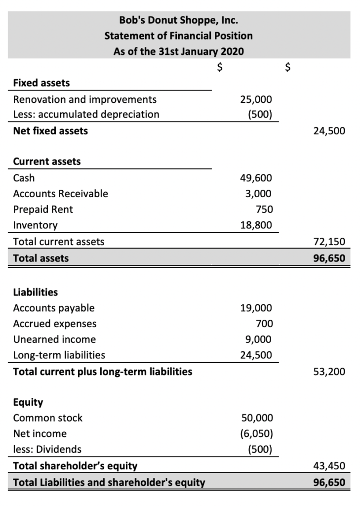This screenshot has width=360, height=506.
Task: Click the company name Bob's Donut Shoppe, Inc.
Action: (178, 21)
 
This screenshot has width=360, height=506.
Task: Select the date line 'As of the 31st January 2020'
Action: (178, 51)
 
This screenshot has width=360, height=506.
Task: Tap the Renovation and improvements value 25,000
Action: (256, 99)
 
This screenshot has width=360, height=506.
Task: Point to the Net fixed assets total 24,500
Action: (329, 131)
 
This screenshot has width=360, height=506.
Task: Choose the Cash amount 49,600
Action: (256, 178)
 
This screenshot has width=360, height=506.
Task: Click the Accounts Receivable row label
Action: (60, 194)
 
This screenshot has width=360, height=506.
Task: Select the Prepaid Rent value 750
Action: (262, 210)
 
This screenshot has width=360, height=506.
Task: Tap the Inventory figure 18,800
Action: (256, 225)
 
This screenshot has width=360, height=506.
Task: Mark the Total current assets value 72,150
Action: (329, 242)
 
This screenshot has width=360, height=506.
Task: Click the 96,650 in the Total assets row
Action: (329, 258)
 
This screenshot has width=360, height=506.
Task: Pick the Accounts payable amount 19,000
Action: (256, 308)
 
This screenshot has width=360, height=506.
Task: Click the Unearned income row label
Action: (54, 339)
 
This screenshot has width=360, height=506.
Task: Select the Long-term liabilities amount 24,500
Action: (256, 355)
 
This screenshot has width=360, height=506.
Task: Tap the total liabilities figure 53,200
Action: (329, 372)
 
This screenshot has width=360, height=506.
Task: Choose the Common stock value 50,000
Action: (256, 418)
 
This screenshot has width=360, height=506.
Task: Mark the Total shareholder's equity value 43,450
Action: (329, 465)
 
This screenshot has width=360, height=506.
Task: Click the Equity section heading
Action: (28, 402)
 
